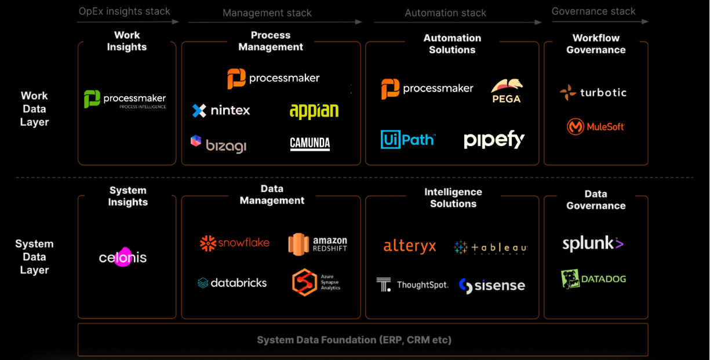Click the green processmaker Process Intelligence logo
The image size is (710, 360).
coord(125,99)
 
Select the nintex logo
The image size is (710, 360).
coord(221,110)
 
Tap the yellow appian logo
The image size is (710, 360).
coord(314,111)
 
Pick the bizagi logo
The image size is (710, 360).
coord(219,144)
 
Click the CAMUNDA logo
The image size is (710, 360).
coord(310,143)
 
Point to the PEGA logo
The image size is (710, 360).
coord(507,91)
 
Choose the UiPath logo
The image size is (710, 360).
coord(407,139)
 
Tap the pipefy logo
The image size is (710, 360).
coord(494,140)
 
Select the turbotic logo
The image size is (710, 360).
coord(593,92)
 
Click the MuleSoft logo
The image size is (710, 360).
coord(595,126)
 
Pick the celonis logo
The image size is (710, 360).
coord(123,257)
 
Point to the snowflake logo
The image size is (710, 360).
coord(234,243)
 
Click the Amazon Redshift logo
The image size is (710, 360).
coord(318,244)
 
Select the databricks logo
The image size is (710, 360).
coord(232,283)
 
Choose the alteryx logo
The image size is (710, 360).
coord(409,246)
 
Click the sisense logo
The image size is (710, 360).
coord(491,285)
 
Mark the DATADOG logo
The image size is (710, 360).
coord(594,279)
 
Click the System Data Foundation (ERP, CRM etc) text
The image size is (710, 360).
coord(354,340)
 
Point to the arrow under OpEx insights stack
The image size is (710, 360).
coord(128,22)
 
